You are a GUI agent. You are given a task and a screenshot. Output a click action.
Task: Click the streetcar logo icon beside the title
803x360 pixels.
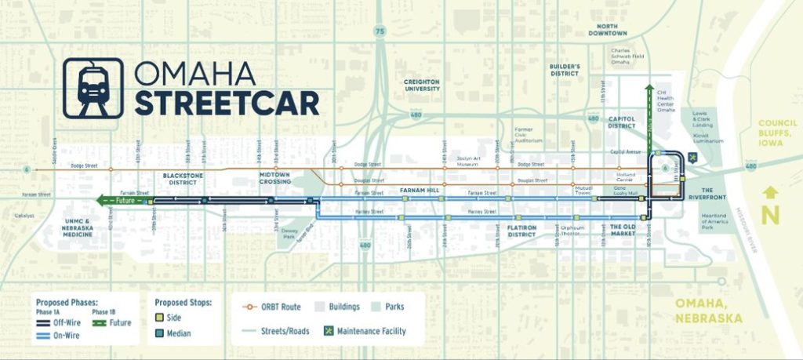click(x=93, y=88)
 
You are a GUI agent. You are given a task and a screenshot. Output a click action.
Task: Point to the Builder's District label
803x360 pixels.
click(x=565, y=70)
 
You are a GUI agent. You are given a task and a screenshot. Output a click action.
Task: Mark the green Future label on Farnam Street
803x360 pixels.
click(x=118, y=202)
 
